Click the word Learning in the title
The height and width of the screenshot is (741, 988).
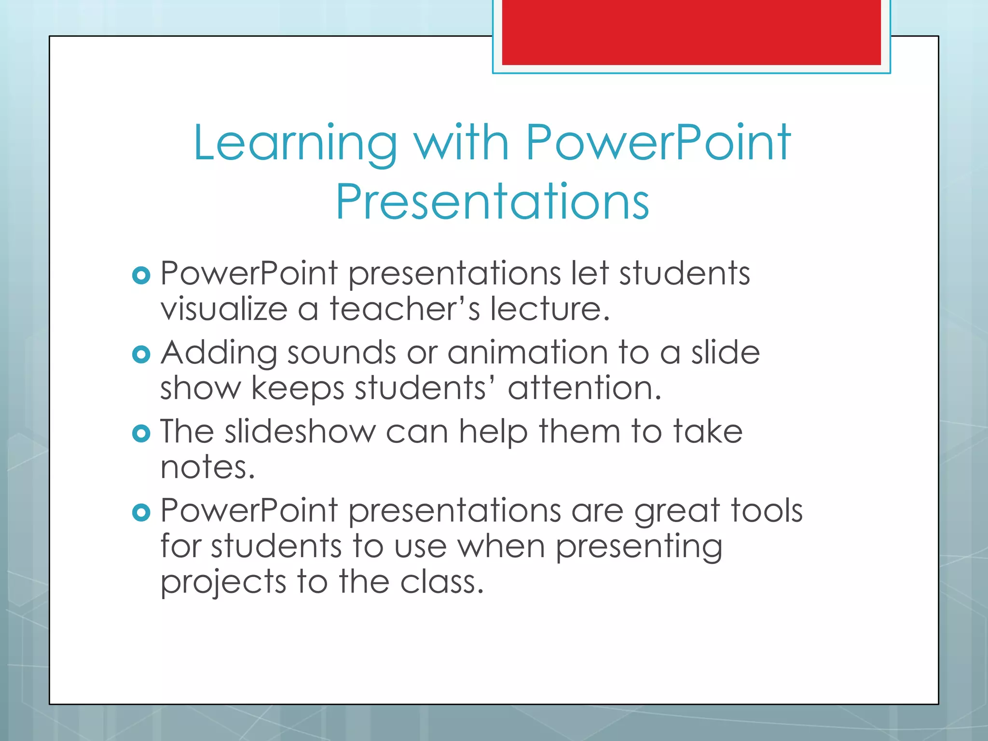point(295,143)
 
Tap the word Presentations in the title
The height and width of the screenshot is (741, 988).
point(492,202)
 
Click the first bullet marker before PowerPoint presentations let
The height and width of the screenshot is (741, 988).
point(141,275)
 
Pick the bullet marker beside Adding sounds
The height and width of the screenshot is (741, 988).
point(141,355)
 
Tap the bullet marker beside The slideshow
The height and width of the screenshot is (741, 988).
point(141,433)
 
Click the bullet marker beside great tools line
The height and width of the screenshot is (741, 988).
point(141,512)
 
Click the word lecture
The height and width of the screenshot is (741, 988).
point(549,309)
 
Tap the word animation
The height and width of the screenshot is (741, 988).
point(527,353)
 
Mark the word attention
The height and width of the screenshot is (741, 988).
point(584,388)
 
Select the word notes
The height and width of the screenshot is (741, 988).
point(207,467)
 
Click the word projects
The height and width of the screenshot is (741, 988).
point(223,583)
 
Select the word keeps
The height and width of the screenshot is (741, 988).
point(298,389)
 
